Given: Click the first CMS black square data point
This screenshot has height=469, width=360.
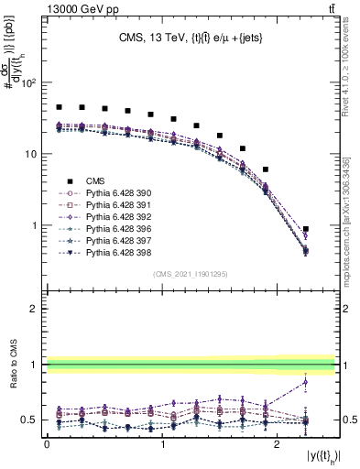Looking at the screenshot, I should point(59,107).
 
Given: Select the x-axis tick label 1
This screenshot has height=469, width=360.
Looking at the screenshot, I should point(162,443).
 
